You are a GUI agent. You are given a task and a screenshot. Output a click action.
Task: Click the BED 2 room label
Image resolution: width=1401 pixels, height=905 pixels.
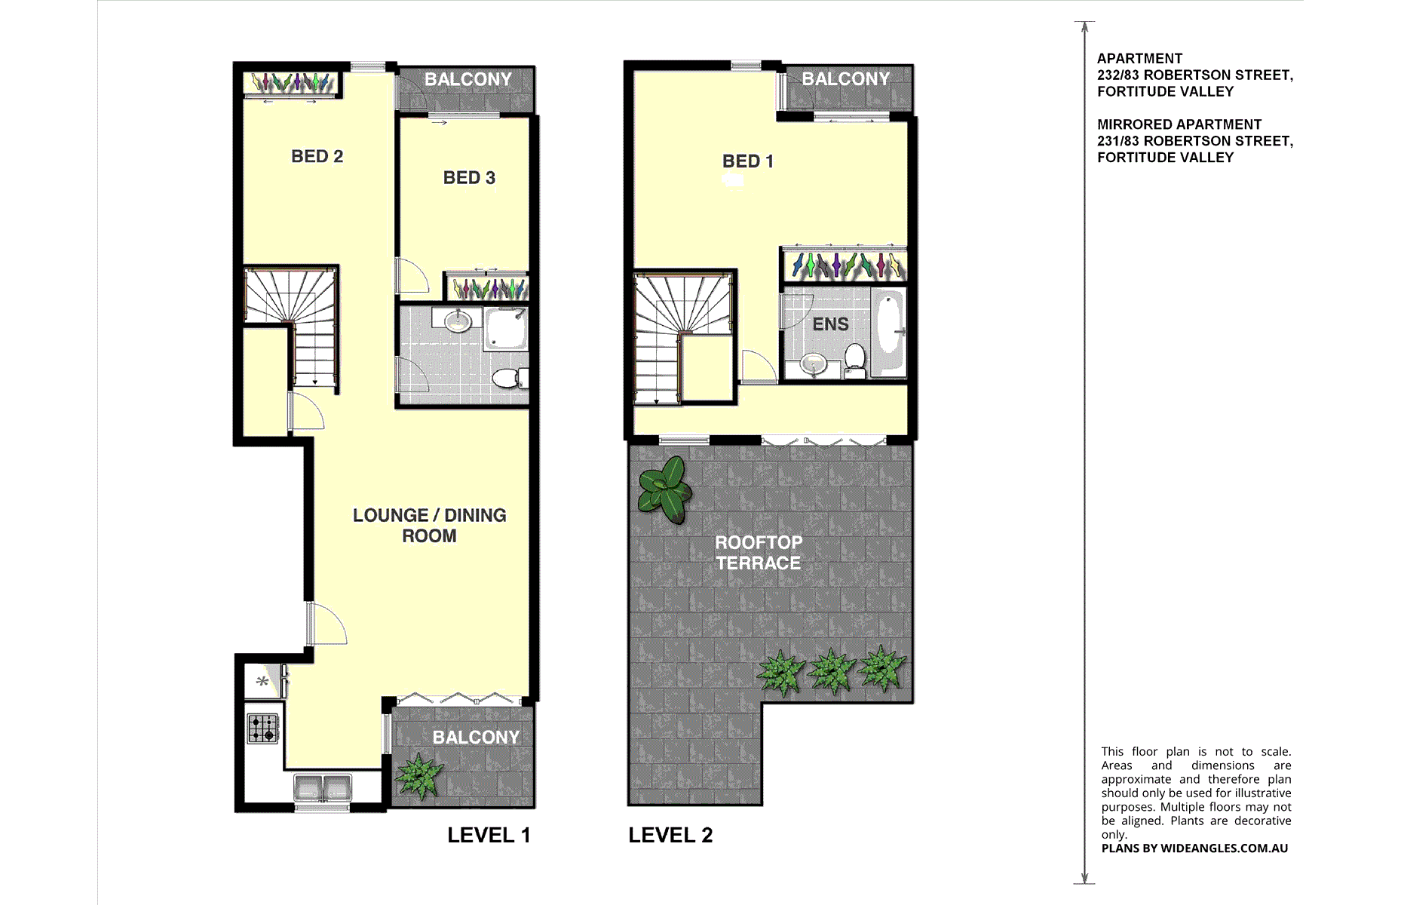point(317,156)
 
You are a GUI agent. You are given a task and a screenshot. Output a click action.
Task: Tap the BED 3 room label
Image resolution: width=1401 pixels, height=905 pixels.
point(469,178)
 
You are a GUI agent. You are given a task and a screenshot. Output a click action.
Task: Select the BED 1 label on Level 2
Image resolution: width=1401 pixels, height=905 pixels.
point(747,161)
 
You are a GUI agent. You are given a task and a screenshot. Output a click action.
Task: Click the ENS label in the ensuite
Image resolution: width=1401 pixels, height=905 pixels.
point(830,324)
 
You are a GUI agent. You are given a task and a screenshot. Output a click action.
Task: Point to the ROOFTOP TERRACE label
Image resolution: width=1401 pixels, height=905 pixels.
point(759,553)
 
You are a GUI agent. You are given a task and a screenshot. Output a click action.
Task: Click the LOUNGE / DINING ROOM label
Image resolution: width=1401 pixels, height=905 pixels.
point(429,526)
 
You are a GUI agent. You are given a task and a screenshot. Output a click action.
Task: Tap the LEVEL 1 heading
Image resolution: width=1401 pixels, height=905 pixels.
point(489,836)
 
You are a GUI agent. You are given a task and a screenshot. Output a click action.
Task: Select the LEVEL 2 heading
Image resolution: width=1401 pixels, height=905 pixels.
point(670,836)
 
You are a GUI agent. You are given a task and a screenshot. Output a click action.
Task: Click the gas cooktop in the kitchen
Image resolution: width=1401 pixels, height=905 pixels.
point(262,729)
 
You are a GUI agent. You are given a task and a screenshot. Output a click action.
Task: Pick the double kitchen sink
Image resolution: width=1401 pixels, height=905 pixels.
point(323,788)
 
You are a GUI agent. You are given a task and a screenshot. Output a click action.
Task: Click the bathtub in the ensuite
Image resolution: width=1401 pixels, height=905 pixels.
point(888,332)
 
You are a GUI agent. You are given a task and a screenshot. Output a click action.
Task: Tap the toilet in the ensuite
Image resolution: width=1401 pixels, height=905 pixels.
point(854,360)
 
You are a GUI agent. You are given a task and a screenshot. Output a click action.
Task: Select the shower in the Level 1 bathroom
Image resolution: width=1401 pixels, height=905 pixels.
point(504,328)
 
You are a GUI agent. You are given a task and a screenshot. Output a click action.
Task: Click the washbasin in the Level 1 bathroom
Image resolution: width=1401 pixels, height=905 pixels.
point(458,321)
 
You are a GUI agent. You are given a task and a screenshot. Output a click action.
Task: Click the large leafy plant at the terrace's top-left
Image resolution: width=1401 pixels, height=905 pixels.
point(664,489)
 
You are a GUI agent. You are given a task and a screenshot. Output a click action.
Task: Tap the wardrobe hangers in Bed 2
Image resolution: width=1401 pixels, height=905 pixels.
point(291,82)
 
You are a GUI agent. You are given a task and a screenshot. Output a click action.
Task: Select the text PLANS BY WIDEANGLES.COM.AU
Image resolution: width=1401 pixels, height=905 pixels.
point(1194,848)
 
